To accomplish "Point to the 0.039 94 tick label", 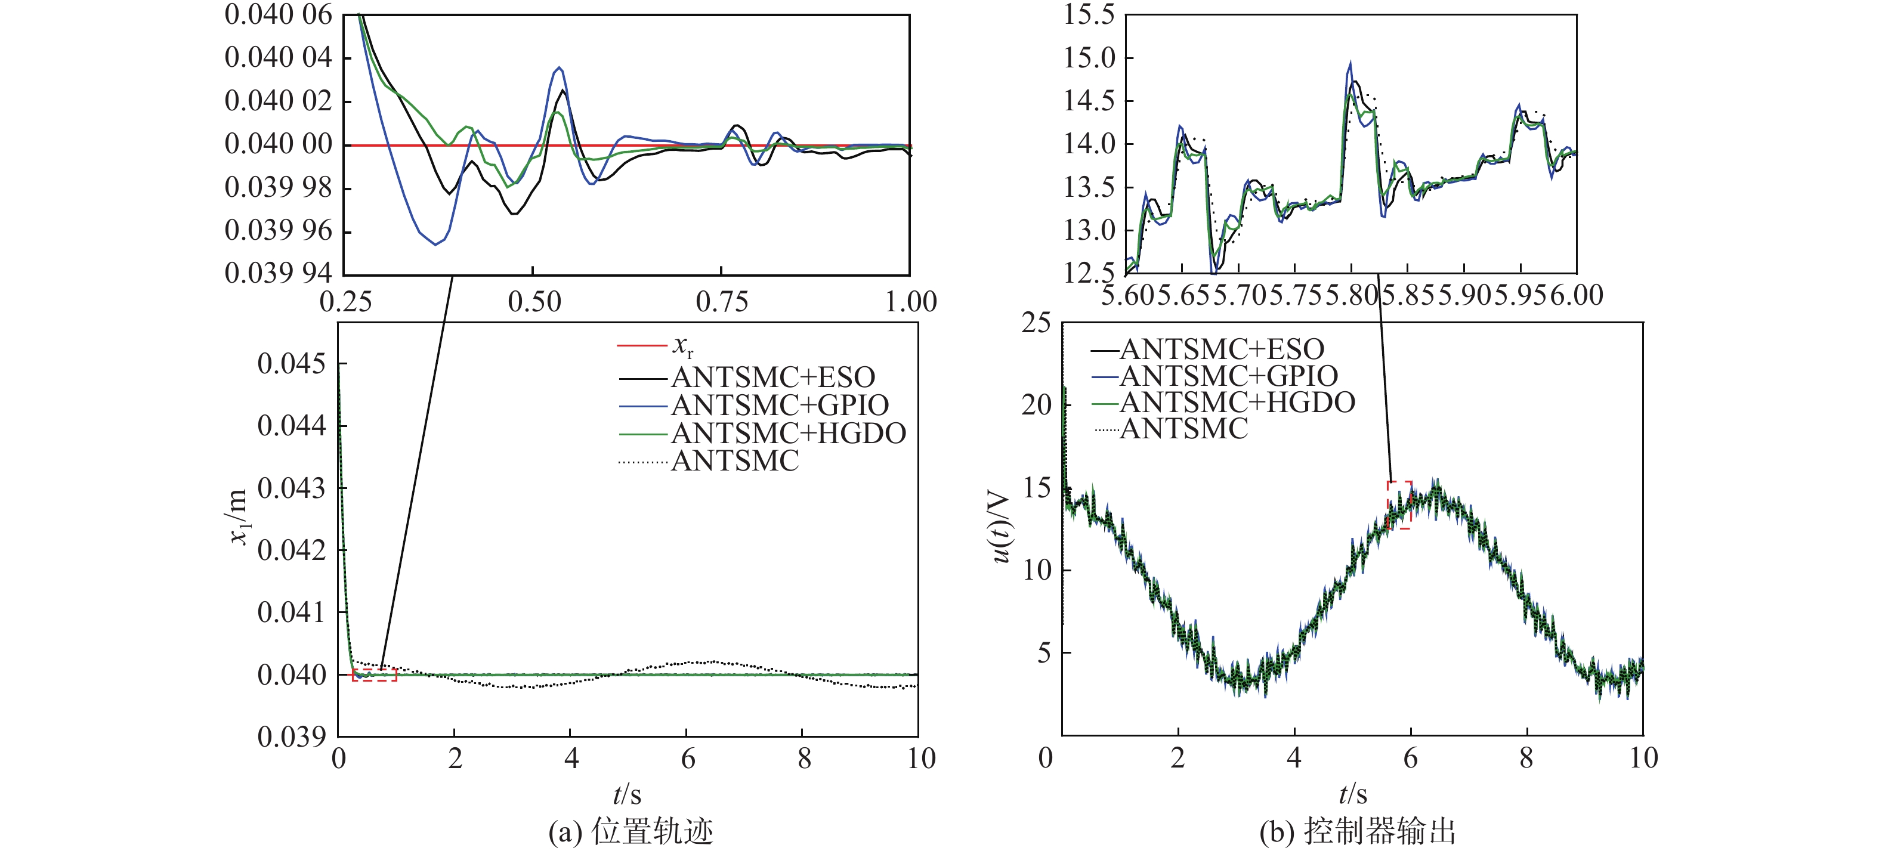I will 278,274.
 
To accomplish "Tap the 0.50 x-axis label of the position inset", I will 534,302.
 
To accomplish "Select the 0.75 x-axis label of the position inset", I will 721,302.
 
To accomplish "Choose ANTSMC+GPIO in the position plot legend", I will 779,405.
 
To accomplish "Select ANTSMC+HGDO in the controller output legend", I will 1237,402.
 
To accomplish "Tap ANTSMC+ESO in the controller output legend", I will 1221,349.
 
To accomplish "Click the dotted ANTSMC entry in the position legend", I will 734,461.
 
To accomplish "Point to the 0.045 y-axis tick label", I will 291,363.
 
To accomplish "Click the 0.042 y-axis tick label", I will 291,550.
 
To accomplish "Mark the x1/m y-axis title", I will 239,516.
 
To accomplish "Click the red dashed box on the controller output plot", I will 1398,505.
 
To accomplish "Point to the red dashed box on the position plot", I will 374,675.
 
